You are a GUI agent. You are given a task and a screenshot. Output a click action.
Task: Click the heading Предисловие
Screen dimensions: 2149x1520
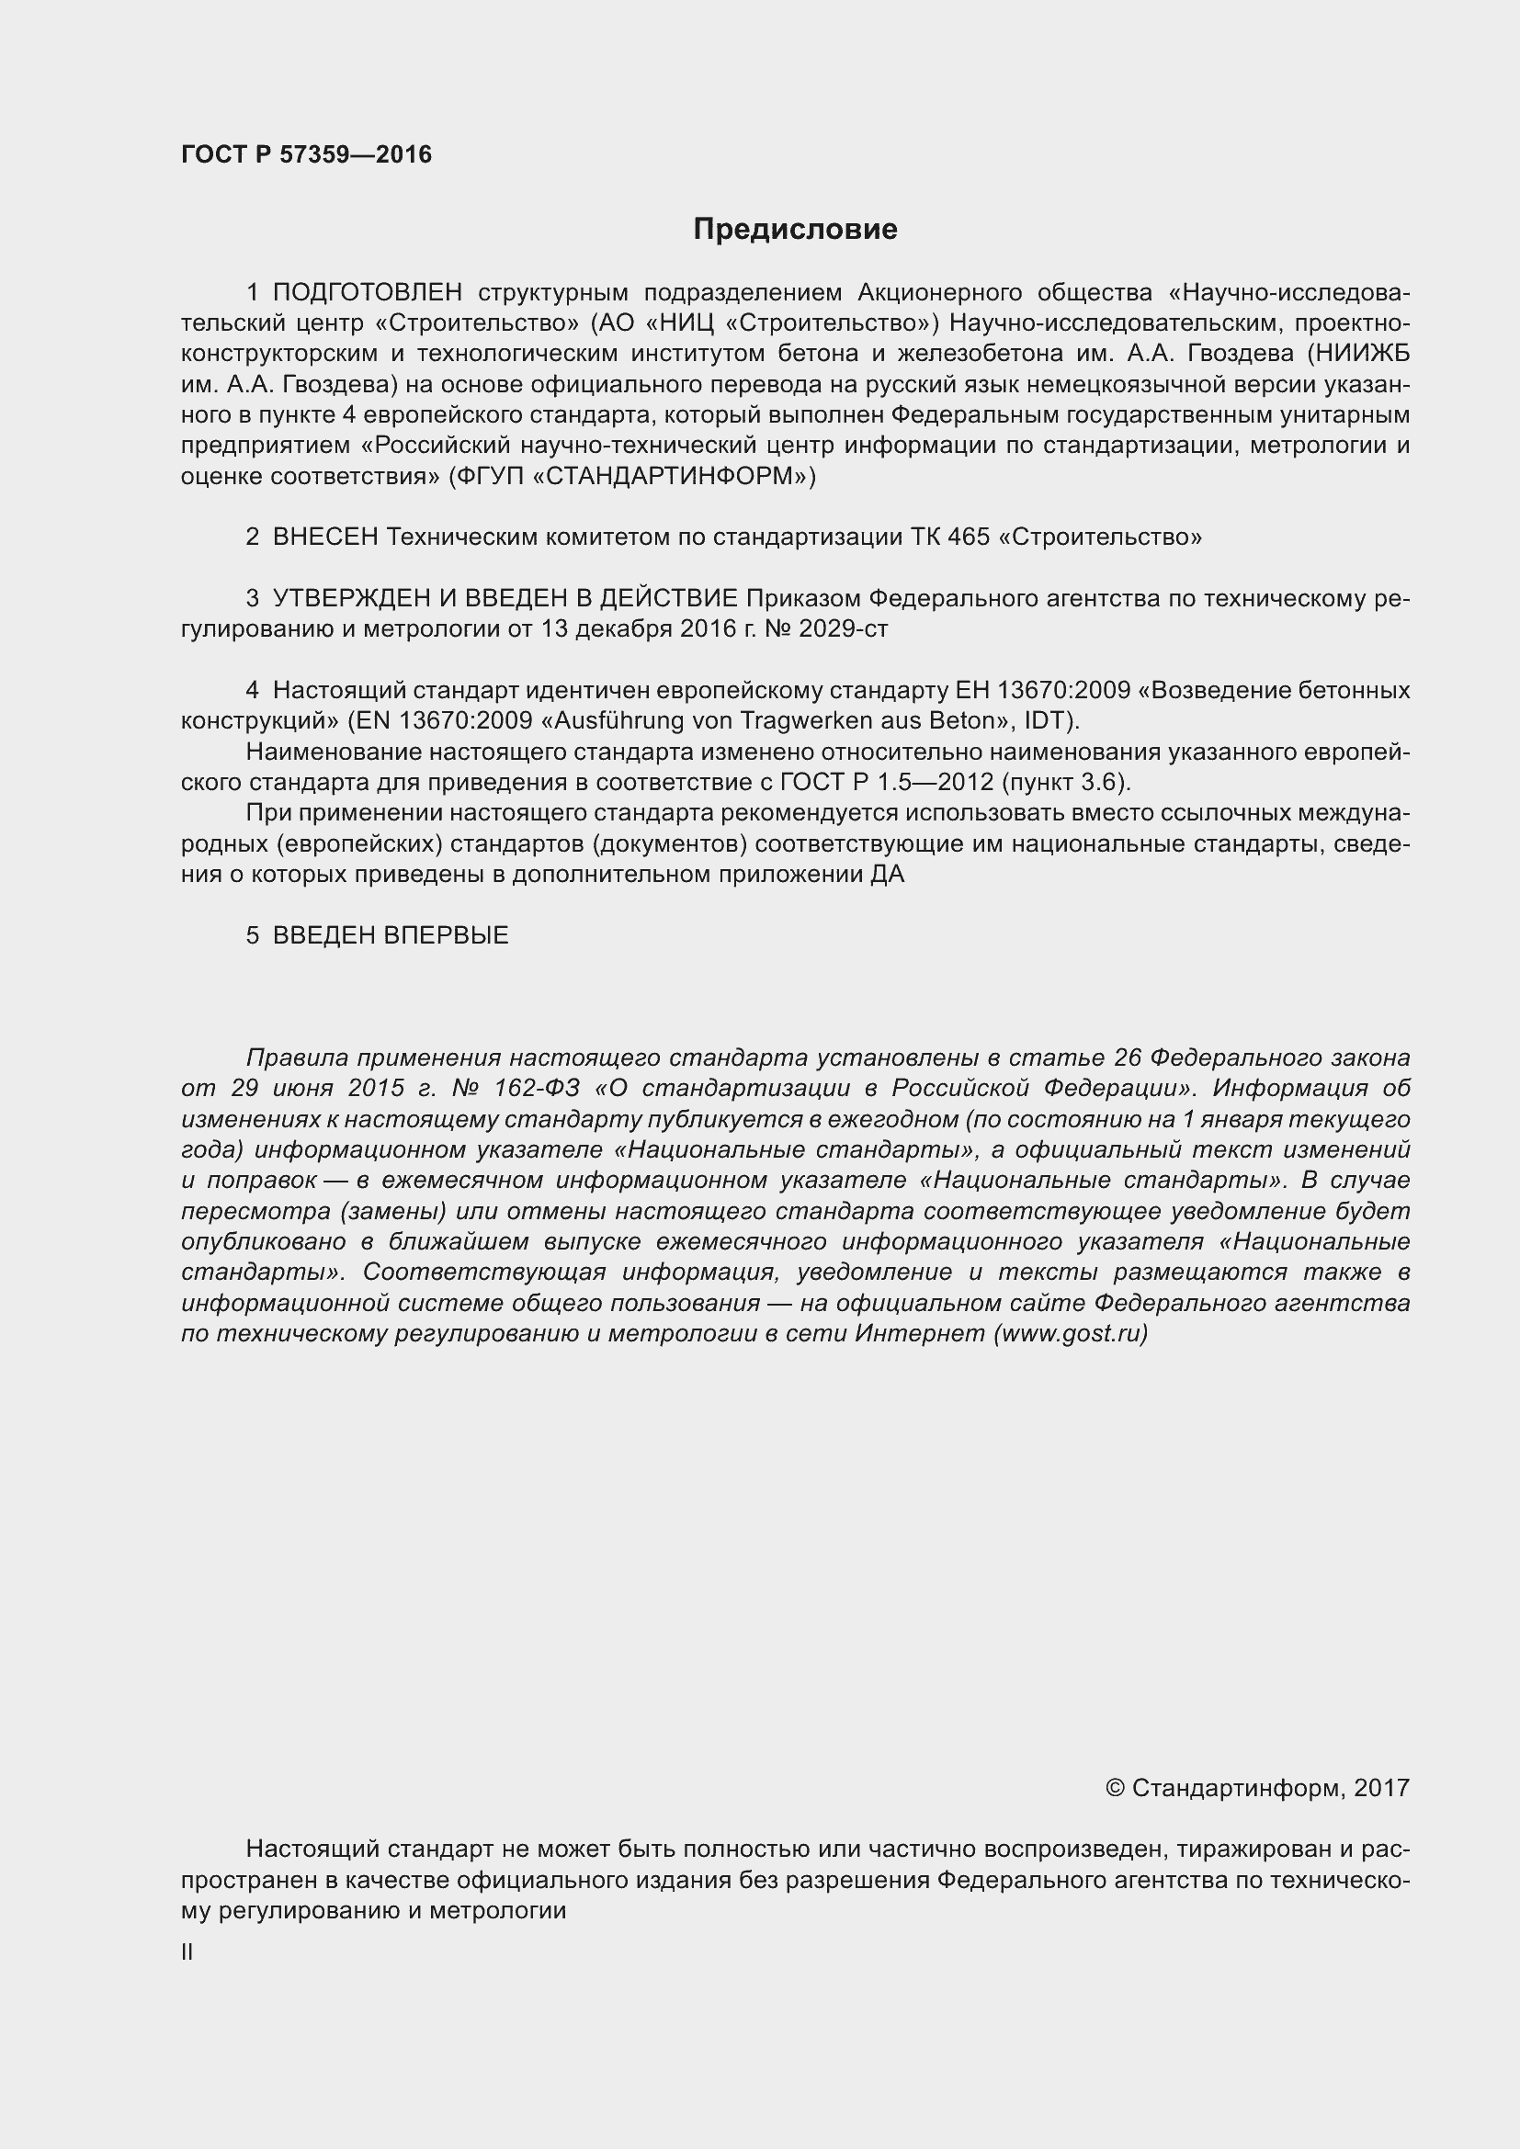click(795, 230)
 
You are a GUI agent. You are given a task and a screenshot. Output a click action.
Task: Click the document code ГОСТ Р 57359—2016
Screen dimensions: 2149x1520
click(306, 154)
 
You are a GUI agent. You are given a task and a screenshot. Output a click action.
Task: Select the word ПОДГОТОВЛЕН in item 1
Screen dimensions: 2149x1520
click(367, 293)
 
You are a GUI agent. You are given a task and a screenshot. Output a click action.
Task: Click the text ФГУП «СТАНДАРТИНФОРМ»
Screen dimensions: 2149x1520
click(631, 477)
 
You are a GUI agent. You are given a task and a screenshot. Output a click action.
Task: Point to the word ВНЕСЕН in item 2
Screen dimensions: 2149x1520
click(324, 537)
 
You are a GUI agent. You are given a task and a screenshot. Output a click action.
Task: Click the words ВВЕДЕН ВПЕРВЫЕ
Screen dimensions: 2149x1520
click(391, 935)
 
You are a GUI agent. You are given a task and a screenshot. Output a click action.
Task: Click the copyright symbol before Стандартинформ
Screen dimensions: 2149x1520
click(1114, 1789)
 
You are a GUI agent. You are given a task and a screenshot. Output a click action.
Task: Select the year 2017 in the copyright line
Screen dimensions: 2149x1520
click(1381, 1789)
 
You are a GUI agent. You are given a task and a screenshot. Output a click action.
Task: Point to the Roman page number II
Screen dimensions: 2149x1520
click(187, 1952)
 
